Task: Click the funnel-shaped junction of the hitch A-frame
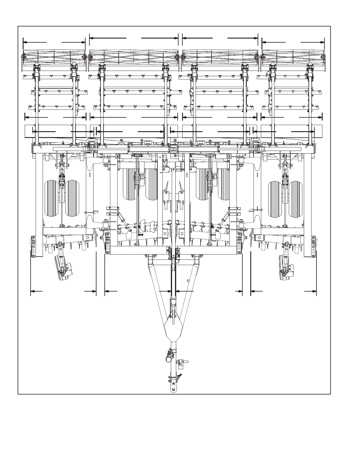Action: click(x=174, y=329)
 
